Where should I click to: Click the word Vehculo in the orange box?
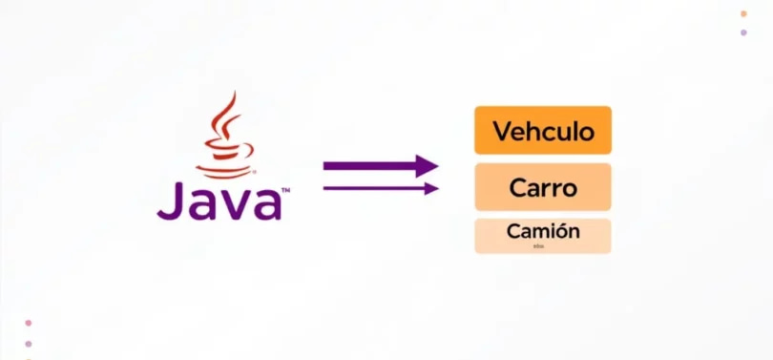coord(542,130)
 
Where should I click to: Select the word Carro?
coord(542,187)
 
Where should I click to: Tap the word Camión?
coord(542,230)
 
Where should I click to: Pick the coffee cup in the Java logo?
coord(225,152)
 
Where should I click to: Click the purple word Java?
coord(219,201)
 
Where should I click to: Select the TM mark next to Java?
coord(284,191)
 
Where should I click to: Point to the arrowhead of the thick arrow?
coord(427,166)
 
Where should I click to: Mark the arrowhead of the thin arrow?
coord(431,188)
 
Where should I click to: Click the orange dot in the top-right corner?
coord(743,13)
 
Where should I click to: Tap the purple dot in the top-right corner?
coord(743,32)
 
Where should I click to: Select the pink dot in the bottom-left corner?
coord(29,324)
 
